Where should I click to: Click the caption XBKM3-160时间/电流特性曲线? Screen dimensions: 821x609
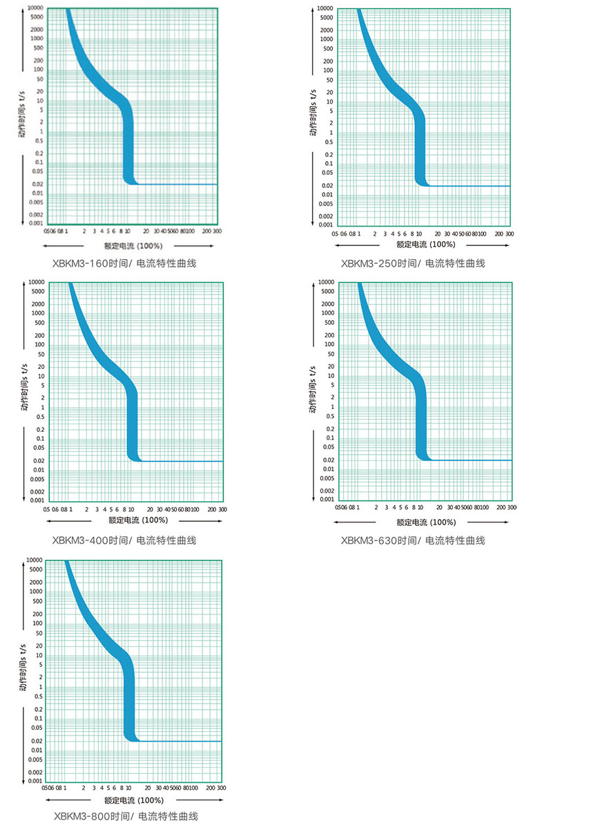pyautogui.click(x=124, y=263)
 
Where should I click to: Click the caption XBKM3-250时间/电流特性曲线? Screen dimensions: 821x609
pyautogui.click(x=413, y=263)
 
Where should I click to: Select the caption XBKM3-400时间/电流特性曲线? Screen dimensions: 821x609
pyautogui.click(x=124, y=540)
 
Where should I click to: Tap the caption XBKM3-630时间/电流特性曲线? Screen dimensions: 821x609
pyautogui.click(x=413, y=540)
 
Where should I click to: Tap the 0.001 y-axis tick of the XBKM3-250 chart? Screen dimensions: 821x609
pyautogui.click(x=325, y=225)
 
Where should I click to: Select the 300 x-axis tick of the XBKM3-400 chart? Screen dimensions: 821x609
pyautogui.click(x=222, y=509)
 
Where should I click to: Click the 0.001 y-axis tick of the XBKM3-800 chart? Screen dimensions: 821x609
pyautogui.click(x=35, y=781)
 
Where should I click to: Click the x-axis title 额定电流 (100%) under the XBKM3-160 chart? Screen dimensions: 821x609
pyautogui.click(x=133, y=245)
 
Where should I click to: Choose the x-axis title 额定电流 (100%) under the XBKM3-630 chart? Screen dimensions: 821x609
pyautogui.click(x=426, y=522)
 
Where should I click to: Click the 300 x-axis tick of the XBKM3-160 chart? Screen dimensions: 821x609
pyautogui.click(x=217, y=232)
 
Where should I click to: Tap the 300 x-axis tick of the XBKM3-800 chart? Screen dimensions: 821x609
pyautogui.click(x=221, y=787)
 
